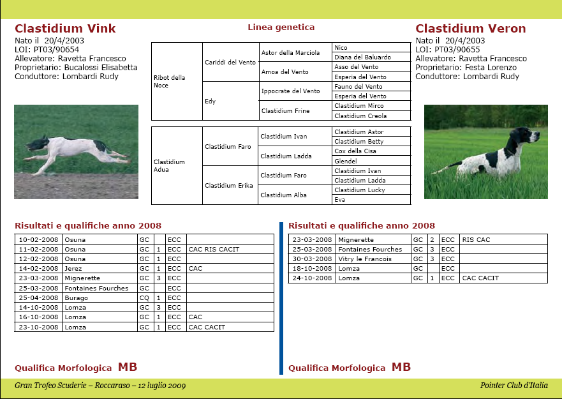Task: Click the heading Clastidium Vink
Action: tap(65, 29)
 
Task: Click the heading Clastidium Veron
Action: tap(470, 29)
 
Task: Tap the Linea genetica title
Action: tap(281, 27)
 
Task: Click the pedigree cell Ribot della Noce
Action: tap(170, 82)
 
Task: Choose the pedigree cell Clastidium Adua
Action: tap(170, 166)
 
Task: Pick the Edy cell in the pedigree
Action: tap(211, 102)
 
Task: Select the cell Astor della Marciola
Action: tap(290, 52)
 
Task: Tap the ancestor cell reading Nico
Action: tap(341, 47)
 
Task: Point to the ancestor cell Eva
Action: tap(340, 200)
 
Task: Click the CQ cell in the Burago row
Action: tap(144, 298)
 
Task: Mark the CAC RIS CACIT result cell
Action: tap(214, 249)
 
